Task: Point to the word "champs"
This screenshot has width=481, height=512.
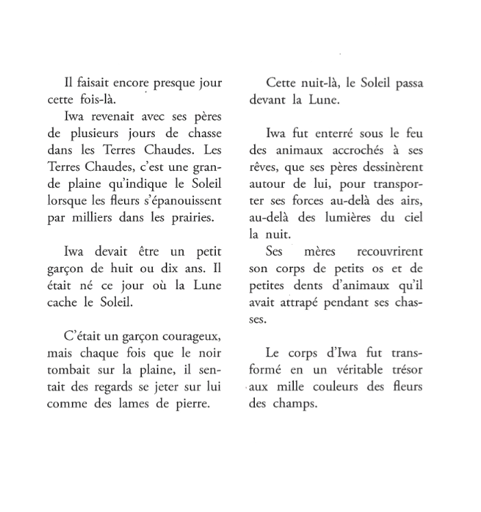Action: click(x=297, y=404)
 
